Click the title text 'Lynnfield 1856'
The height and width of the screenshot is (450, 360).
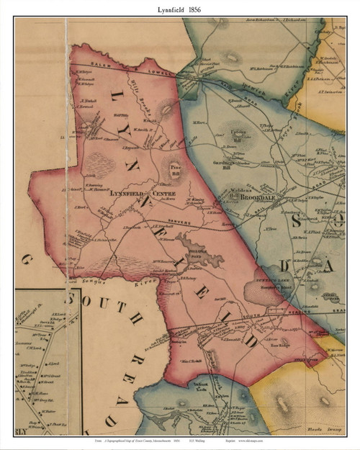coord(180,9)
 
